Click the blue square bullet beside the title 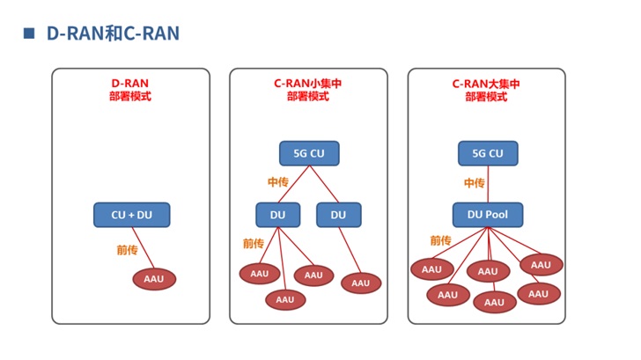28,33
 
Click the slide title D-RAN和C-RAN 112,33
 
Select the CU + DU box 131,214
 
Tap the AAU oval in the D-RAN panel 154,279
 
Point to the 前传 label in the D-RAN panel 127,250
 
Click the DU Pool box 488,214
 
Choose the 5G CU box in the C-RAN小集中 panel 309,153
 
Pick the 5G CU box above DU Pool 488,153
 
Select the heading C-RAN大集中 486,84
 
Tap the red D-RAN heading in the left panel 130,84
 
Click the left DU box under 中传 278,214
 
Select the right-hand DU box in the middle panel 338,214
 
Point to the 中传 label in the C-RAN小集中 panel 278,182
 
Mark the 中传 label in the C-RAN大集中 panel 474,183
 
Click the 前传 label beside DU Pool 440,240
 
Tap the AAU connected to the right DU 360,283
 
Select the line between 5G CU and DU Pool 488,184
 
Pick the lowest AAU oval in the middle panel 284,299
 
